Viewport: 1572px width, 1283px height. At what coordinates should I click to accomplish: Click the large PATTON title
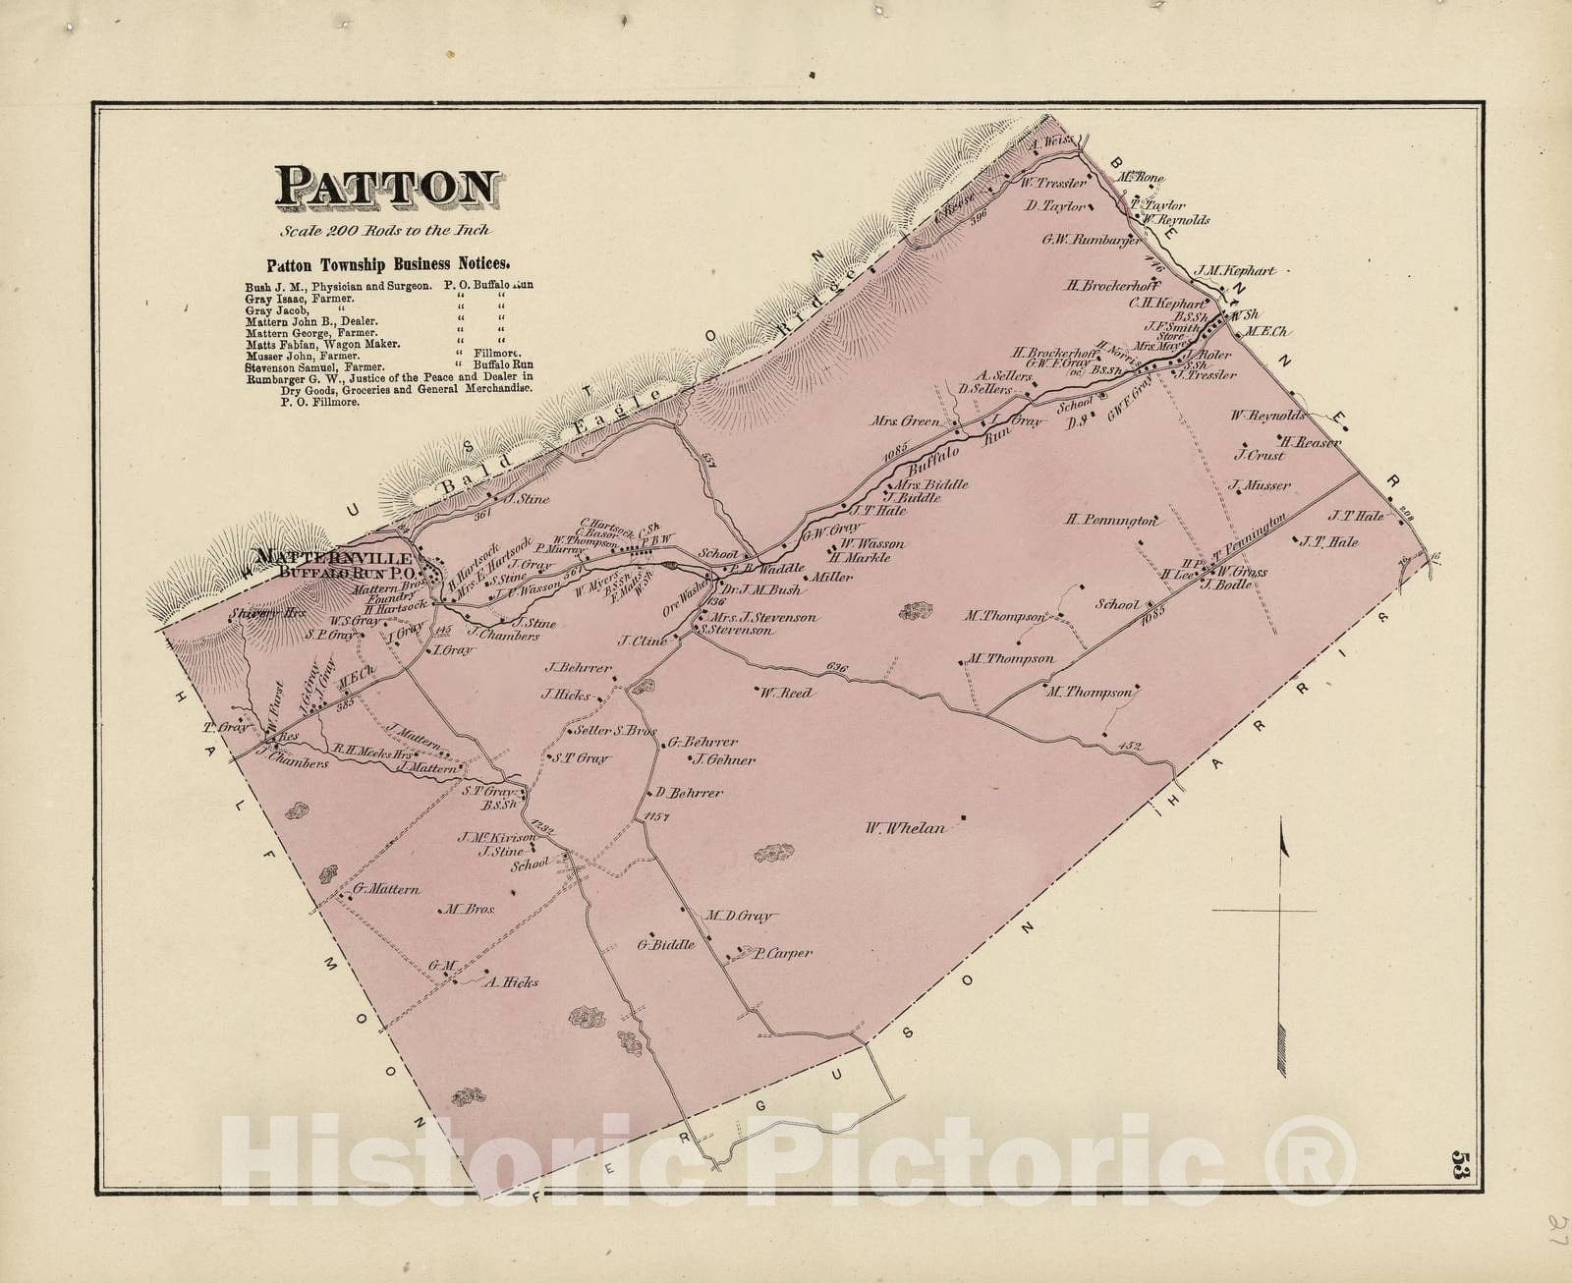(x=388, y=188)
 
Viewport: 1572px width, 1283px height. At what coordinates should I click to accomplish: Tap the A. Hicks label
(x=510, y=981)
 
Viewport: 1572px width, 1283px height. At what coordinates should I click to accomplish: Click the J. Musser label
(x=1259, y=485)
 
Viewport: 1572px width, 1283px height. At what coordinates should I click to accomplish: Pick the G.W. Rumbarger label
(x=1093, y=239)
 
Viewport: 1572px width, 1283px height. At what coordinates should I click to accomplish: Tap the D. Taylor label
(x=1054, y=206)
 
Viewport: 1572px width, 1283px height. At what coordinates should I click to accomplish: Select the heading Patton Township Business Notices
(x=388, y=264)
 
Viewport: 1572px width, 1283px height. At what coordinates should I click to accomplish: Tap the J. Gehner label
(x=723, y=759)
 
